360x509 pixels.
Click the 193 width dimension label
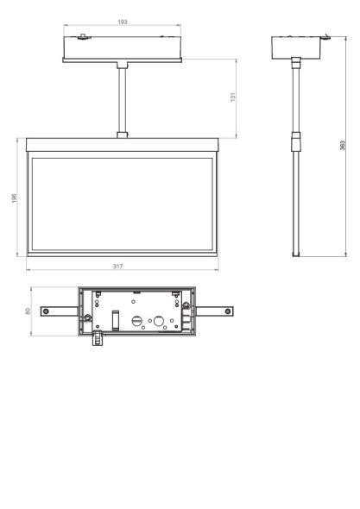[123, 22]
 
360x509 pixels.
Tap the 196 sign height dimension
[14, 198]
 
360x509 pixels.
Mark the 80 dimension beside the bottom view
[28, 311]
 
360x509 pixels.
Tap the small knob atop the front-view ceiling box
[82, 36]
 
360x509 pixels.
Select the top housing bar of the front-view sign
[123, 145]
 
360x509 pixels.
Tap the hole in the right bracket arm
[226, 311]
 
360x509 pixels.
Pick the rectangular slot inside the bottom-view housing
[115, 318]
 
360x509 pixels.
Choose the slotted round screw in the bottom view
[136, 319]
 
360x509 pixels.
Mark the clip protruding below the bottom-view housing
[96, 339]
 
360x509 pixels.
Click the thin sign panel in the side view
[297, 207]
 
